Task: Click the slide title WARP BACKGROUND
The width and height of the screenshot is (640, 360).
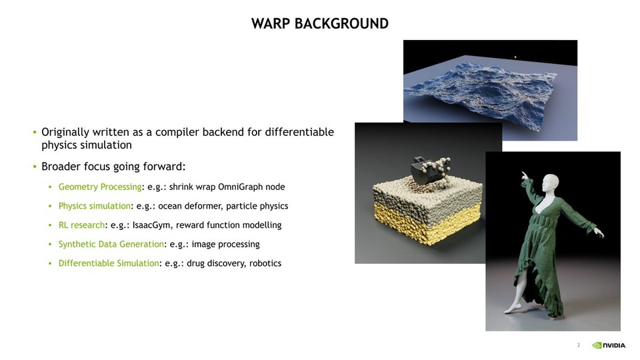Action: [320, 24]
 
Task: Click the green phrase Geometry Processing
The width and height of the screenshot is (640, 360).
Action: [100, 187]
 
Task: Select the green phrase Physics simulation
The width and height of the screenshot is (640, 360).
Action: [94, 206]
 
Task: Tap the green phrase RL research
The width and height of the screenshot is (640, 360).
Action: [81, 225]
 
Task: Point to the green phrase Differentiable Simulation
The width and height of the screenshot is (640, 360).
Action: [109, 263]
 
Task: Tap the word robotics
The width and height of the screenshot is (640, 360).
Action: [265, 263]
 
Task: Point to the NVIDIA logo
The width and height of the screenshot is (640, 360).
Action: [609, 345]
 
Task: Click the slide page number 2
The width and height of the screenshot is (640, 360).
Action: [578, 345]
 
